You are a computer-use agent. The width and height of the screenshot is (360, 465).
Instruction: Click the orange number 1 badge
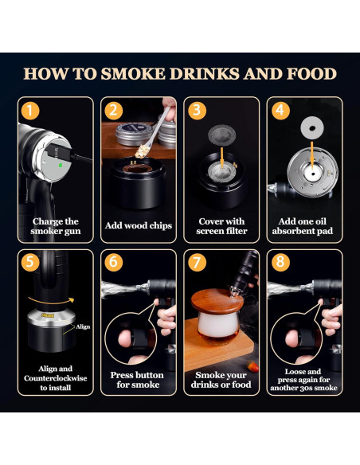point(30,111)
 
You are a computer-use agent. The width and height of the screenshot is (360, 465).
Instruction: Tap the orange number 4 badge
point(280,111)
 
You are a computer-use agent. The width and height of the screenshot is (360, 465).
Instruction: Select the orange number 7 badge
point(197,262)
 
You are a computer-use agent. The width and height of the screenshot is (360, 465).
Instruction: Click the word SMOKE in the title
point(133,73)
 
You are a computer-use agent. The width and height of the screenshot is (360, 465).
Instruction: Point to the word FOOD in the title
point(311,73)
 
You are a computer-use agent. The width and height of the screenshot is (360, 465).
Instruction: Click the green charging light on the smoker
point(61,165)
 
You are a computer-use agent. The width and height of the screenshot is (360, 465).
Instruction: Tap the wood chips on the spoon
point(142,151)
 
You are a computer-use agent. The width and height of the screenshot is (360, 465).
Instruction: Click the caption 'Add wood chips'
point(139,225)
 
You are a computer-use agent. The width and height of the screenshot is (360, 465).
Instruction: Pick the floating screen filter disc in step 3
point(221,135)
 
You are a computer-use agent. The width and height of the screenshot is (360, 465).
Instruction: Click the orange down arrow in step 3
point(221,158)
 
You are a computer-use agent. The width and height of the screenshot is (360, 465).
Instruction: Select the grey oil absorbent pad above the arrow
point(312,128)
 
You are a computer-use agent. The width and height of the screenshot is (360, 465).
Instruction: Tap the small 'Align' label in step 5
point(83,326)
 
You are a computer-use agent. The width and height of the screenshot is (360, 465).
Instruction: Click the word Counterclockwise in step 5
point(56,378)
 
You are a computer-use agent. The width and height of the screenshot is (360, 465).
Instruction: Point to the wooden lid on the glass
point(217,301)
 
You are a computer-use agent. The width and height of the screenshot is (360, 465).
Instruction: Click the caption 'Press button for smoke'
point(137,380)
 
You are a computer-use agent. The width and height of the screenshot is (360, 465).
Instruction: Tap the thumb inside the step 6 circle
point(125,338)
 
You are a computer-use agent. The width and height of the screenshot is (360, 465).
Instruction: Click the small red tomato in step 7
point(253,367)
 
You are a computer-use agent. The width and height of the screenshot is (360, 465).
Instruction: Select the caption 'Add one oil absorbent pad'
point(303,226)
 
